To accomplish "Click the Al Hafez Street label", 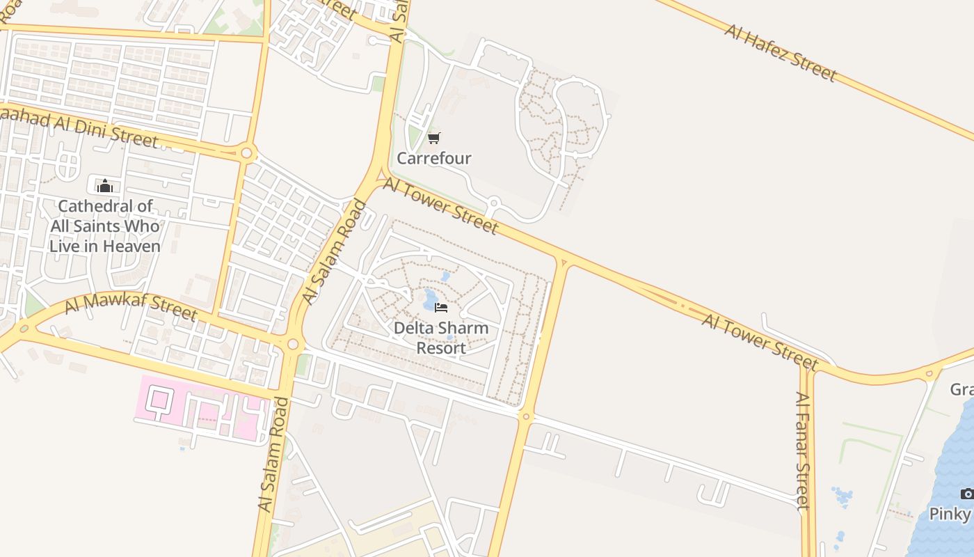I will (780, 52).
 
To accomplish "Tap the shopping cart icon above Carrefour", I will (434, 138).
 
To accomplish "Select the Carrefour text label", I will (434, 158).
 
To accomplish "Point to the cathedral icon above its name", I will (105, 186).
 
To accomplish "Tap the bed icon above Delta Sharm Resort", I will (440, 307).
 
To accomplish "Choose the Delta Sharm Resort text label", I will (441, 337).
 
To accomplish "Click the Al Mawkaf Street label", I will (131, 306).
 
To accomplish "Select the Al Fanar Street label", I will (803, 450).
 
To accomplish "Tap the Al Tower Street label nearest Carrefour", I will (440, 205).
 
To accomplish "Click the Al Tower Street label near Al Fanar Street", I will (760, 341).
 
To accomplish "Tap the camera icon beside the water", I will (967, 494).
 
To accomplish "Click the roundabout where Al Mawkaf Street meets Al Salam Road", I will (292, 344).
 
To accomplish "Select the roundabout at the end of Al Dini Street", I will (246, 152).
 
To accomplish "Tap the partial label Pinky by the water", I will (950, 514).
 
